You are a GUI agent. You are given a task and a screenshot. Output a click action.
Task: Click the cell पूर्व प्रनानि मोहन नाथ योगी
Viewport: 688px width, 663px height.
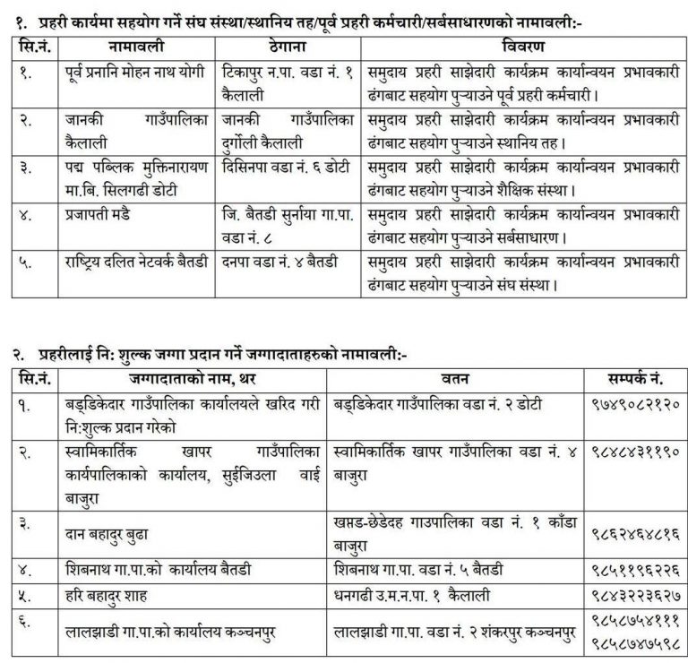137,68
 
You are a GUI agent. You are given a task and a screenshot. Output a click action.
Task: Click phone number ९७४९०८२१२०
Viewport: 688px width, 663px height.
632,404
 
